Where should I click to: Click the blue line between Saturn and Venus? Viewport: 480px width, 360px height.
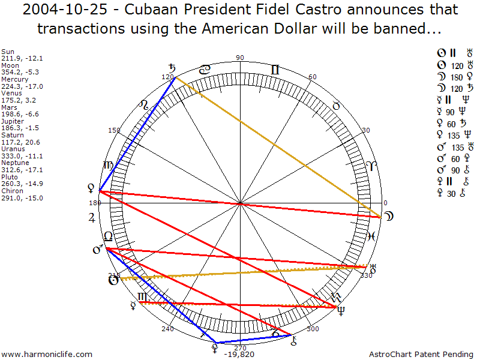[137, 134]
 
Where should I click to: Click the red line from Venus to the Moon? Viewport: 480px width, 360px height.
[240, 204]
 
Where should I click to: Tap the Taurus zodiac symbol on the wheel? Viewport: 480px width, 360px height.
[336, 106]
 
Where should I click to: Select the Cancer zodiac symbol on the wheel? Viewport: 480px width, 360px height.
[205, 70]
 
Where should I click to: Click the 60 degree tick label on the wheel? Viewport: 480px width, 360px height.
[312, 77]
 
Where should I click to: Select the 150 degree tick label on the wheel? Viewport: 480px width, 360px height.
[114, 130]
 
